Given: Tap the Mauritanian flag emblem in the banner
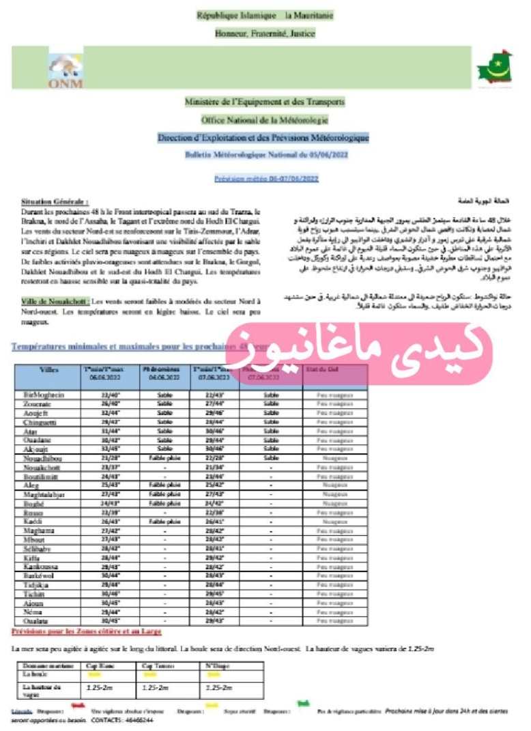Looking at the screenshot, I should click(493, 68).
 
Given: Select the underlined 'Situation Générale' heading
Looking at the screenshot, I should click(55, 203).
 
